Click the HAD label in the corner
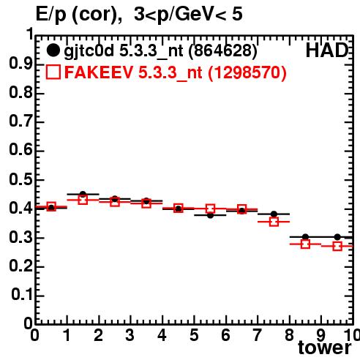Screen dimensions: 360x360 point(327,50)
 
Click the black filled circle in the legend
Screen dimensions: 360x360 point(53,50)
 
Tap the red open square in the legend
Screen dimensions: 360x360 point(53,72)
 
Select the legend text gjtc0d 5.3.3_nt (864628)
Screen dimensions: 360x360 point(160,51)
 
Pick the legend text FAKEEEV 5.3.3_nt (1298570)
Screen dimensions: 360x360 point(176,72)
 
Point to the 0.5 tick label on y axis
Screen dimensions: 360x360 point(20,180)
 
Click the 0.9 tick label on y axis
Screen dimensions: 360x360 point(20,64)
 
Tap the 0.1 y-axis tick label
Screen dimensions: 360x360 point(21,295)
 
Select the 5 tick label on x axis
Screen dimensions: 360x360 point(194,335)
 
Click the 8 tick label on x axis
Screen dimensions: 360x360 point(289,335)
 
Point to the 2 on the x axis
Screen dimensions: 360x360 point(99,335)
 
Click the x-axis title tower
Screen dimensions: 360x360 point(325,348)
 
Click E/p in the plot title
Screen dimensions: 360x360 point(50,15)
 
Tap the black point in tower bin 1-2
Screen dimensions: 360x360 point(83,194)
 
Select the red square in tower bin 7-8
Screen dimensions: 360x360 point(274,222)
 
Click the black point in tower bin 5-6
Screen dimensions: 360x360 point(210,215)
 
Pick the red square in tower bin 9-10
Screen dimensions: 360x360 point(337,246)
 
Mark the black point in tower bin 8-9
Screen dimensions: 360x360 point(305,236)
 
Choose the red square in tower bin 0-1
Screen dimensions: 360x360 point(51,206)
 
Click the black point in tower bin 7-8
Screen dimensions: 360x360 point(274,214)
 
